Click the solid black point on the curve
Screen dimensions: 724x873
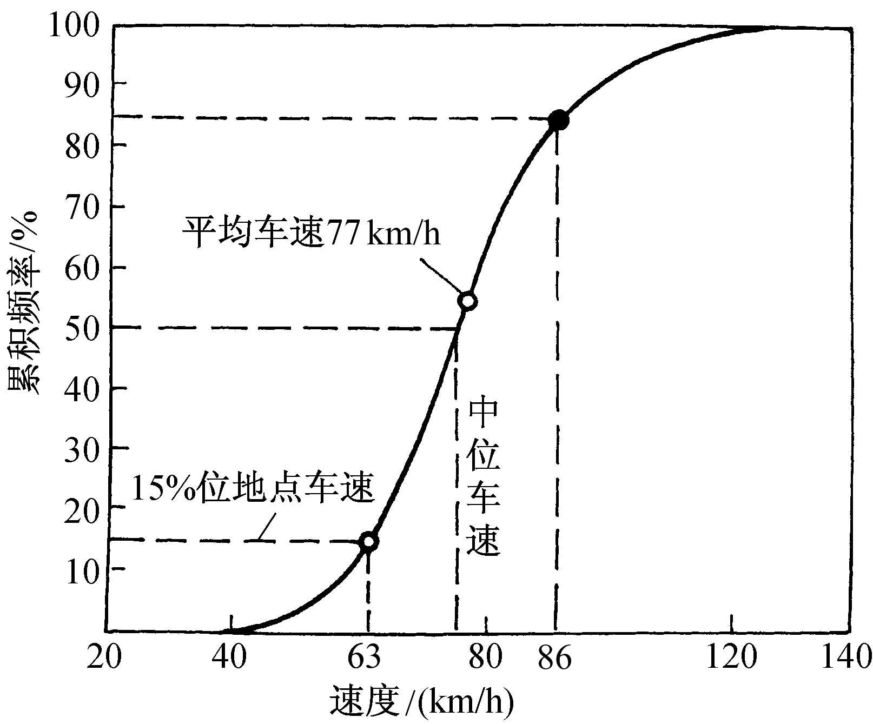click(x=558, y=121)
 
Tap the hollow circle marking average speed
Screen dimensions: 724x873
click(x=467, y=301)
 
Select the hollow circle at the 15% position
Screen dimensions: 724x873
click(x=368, y=541)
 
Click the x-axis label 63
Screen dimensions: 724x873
click(x=363, y=658)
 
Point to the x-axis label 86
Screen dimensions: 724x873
click(x=554, y=658)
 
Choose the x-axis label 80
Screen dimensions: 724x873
click(x=485, y=658)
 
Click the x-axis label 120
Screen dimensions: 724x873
click(x=731, y=658)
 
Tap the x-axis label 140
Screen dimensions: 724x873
click(x=846, y=658)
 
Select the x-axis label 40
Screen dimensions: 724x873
click(x=230, y=658)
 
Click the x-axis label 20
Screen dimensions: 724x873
click(x=104, y=658)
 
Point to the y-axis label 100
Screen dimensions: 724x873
click(x=74, y=26)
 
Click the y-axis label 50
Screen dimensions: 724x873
click(x=81, y=328)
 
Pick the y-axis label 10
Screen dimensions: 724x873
click(x=81, y=569)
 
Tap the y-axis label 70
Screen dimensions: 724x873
click(x=81, y=207)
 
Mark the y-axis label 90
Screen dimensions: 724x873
click(x=81, y=84)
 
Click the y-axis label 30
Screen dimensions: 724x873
click(x=81, y=449)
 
